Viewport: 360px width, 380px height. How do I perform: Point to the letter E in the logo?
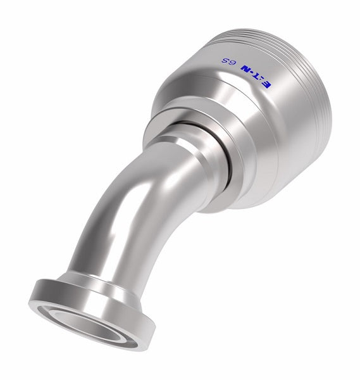(x=287, y=82)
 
